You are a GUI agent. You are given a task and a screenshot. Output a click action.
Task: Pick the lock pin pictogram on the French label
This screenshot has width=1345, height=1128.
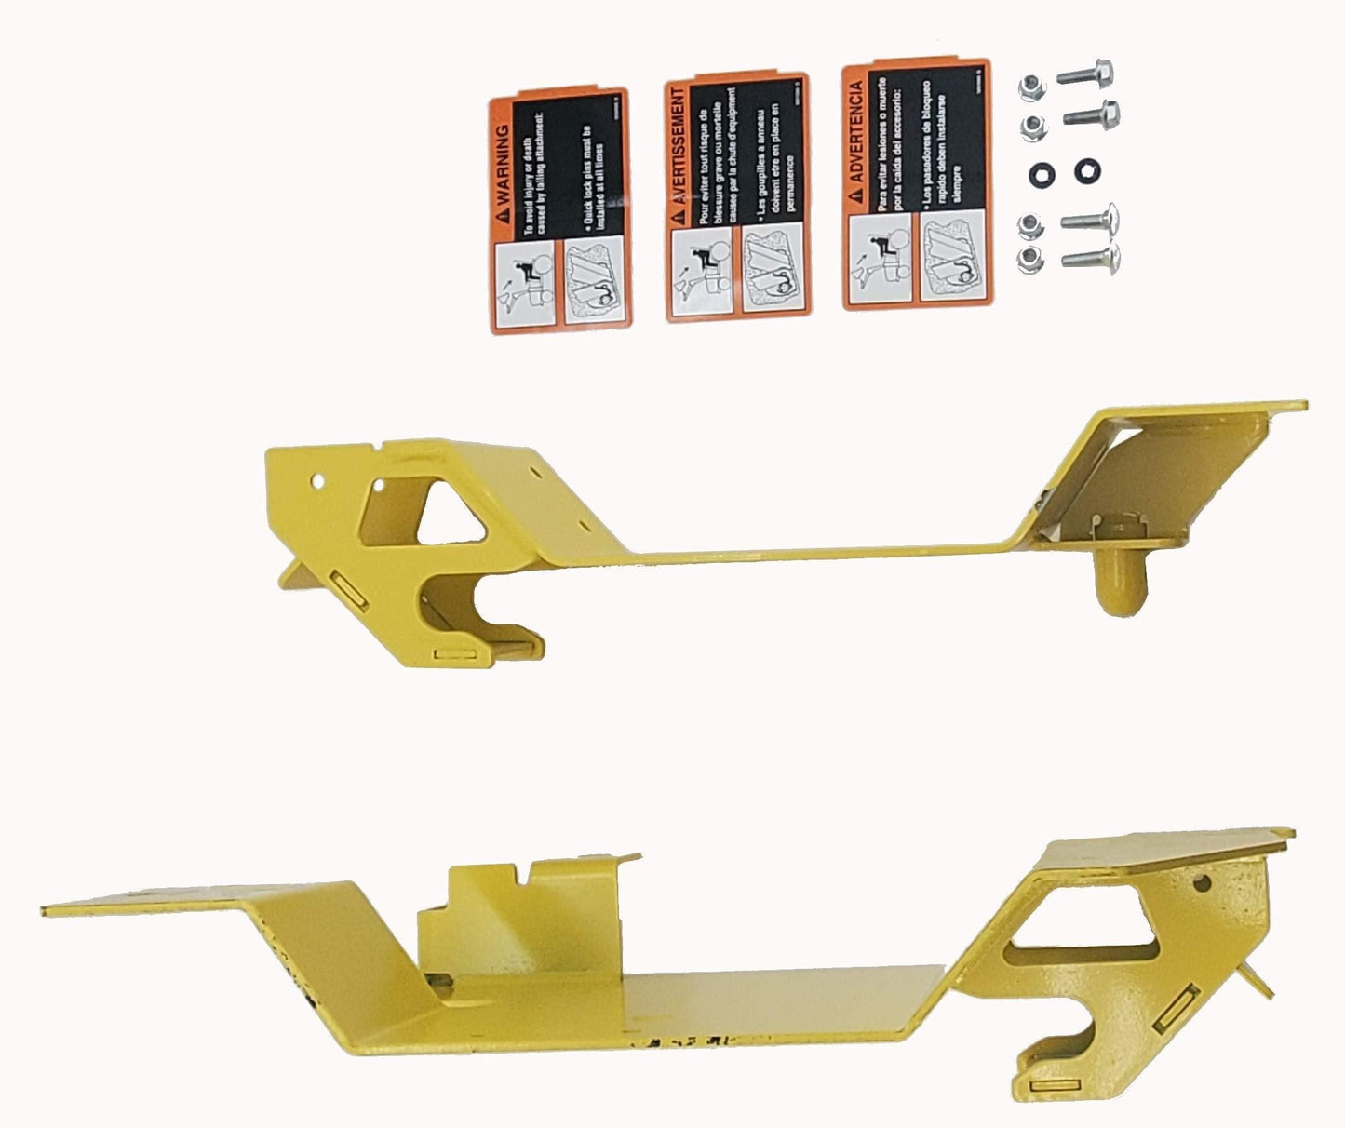[x=770, y=269]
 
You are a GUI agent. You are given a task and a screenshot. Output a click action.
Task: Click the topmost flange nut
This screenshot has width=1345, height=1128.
[x=1032, y=88]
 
